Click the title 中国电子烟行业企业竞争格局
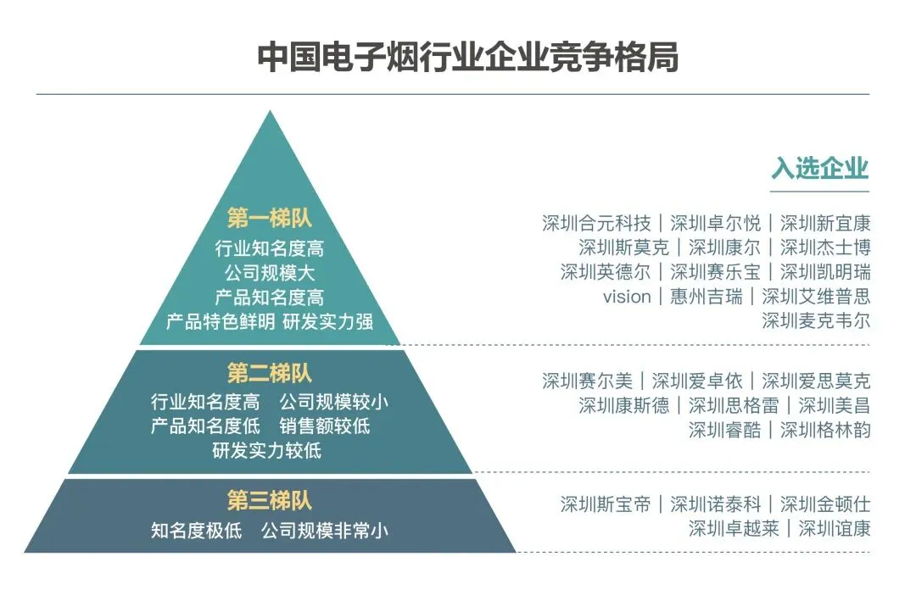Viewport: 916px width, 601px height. (467, 58)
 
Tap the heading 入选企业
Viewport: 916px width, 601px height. (820, 167)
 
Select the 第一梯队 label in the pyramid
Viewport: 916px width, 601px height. (270, 218)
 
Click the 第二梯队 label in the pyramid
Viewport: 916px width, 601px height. (270, 372)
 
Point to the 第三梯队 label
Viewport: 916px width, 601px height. (270, 501)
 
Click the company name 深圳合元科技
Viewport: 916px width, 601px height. (596, 224)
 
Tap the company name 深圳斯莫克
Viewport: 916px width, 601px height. (623, 248)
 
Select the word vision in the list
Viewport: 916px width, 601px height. (627, 297)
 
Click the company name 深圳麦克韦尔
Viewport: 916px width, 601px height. (816, 320)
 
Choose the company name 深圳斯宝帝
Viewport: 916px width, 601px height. (606, 504)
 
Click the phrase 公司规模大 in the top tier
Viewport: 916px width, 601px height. (270, 274)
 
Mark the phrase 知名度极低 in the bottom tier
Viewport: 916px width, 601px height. (197, 531)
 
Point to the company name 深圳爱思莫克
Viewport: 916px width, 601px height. (816, 381)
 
